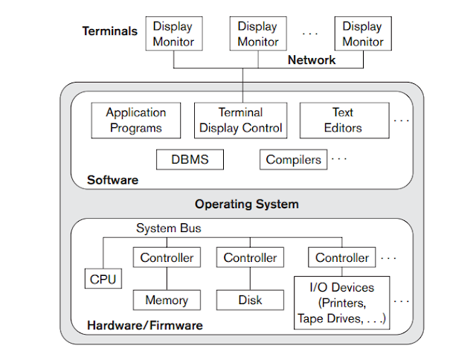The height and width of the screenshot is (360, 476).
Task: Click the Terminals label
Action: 110,31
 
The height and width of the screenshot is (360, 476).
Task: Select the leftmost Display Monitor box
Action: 173,34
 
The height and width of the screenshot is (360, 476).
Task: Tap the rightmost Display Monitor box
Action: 362,34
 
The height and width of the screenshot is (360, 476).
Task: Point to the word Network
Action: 312,60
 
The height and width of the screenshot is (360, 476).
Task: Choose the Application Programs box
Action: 136,120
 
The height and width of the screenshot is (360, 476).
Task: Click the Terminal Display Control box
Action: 241,120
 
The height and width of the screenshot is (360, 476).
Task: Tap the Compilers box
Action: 293,159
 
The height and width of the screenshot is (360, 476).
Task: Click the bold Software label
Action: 112,180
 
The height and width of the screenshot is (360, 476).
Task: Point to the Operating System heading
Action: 246,204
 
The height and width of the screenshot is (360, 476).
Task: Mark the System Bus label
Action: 168,228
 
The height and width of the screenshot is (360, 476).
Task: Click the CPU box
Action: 104,280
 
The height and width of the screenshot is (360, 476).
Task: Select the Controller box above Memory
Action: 166,258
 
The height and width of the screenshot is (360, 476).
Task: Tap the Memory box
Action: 166,300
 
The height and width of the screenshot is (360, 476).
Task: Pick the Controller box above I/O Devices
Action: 341,258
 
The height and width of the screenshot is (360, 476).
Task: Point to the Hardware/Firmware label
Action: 144,325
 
